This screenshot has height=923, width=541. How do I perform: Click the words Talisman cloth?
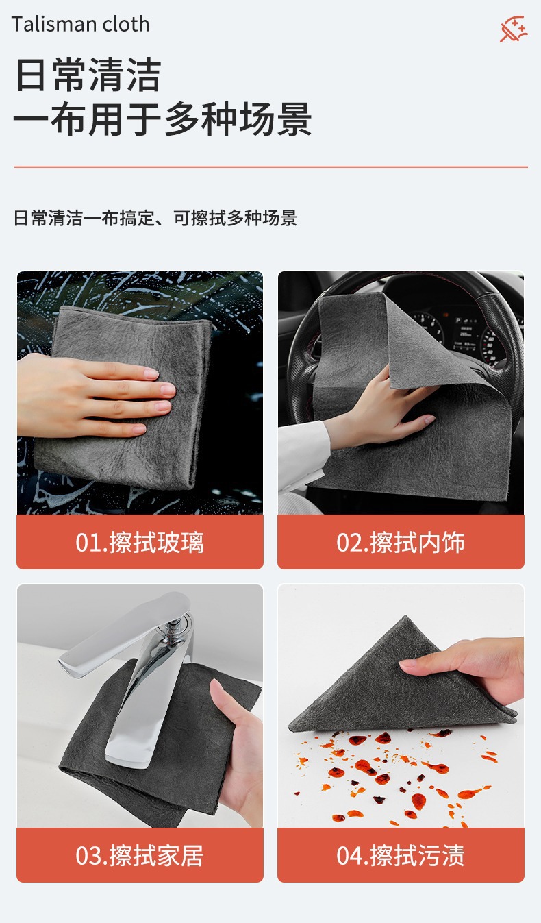[x=80, y=24]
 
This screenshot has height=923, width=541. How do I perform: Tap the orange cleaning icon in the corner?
[x=514, y=29]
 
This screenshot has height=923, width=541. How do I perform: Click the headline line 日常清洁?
[x=88, y=75]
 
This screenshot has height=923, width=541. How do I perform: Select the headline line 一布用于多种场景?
[x=162, y=119]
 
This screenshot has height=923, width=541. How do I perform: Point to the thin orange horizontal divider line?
[x=271, y=167]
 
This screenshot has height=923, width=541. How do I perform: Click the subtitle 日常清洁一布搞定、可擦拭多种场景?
[x=155, y=218]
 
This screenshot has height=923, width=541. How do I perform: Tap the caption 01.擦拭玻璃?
[x=140, y=542]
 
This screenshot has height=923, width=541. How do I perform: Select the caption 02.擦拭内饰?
[x=401, y=542]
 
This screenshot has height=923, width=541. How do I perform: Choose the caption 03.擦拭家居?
[x=140, y=855]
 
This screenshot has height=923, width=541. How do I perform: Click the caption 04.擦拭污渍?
[x=401, y=855]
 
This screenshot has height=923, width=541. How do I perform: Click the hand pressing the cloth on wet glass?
[x=95, y=396]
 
